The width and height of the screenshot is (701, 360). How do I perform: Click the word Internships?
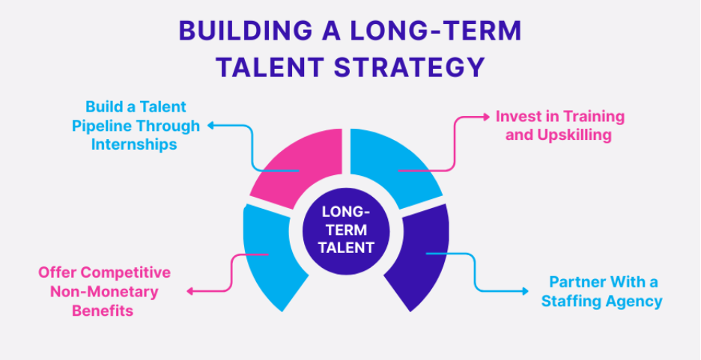(135, 144)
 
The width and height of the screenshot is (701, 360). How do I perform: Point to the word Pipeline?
(102, 126)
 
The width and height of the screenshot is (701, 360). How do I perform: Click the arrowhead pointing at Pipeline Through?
(210, 126)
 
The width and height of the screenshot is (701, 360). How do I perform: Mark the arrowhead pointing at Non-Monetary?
(189, 291)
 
